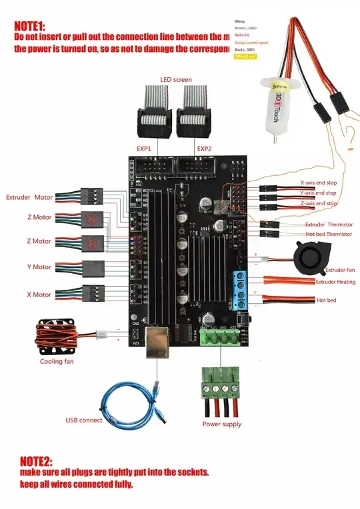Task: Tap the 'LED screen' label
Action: pyautogui.click(x=175, y=80)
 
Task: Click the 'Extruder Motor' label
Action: pyautogui.click(x=29, y=198)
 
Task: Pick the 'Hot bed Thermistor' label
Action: pyautogui.click(x=329, y=234)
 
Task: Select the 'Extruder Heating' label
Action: pyautogui.click(x=335, y=282)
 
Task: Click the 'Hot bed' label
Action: pyautogui.click(x=326, y=300)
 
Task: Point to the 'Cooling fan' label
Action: pyautogui.click(x=57, y=362)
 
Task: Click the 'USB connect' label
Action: pyautogui.click(x=83, y=420)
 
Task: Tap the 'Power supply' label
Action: pyautogui.click(x=222, y=424)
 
